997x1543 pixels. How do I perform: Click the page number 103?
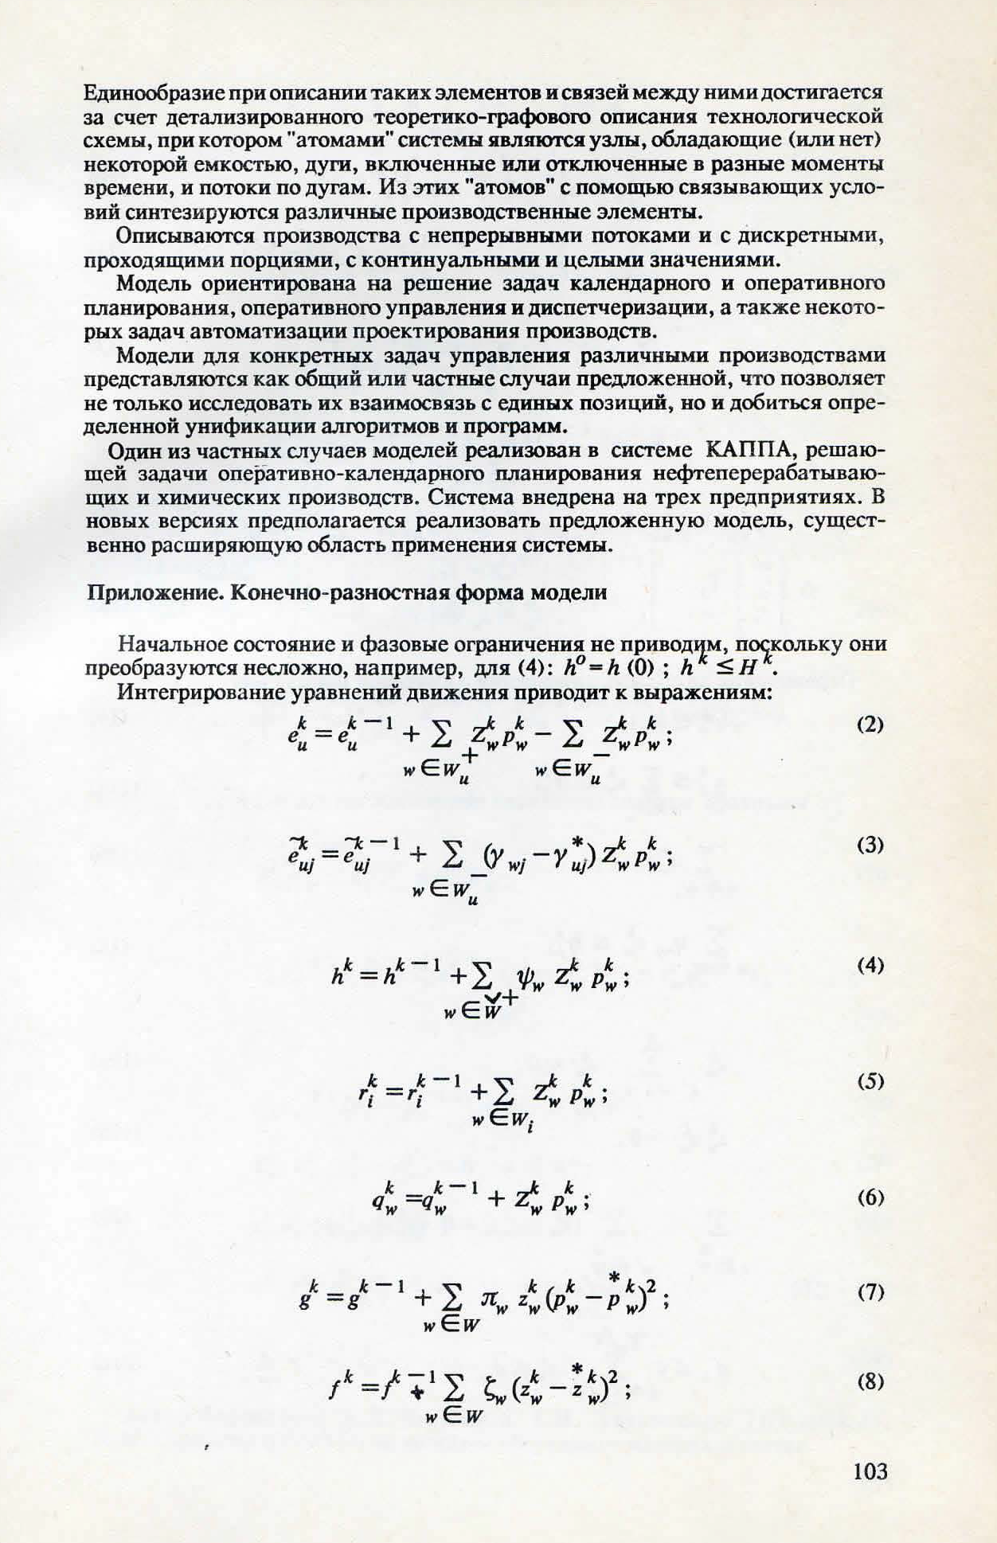pyautogui.click(x=870, y=1471)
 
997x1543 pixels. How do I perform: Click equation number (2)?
pyautogui.click(x=870, y=725)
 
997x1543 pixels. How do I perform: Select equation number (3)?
pyautogui.click(x=870, y=845)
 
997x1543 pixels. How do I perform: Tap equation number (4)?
pyautogui.click(x=870, y=966)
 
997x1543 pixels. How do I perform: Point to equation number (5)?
pyautogui.click(x=870, y=1081)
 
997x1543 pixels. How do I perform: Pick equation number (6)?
pyautogui.click(x=870, y=1197)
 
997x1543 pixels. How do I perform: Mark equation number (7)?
pyautogui.click(x=870, y=1293)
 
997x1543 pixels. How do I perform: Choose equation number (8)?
pyautogui.click(x=870, y=1382)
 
